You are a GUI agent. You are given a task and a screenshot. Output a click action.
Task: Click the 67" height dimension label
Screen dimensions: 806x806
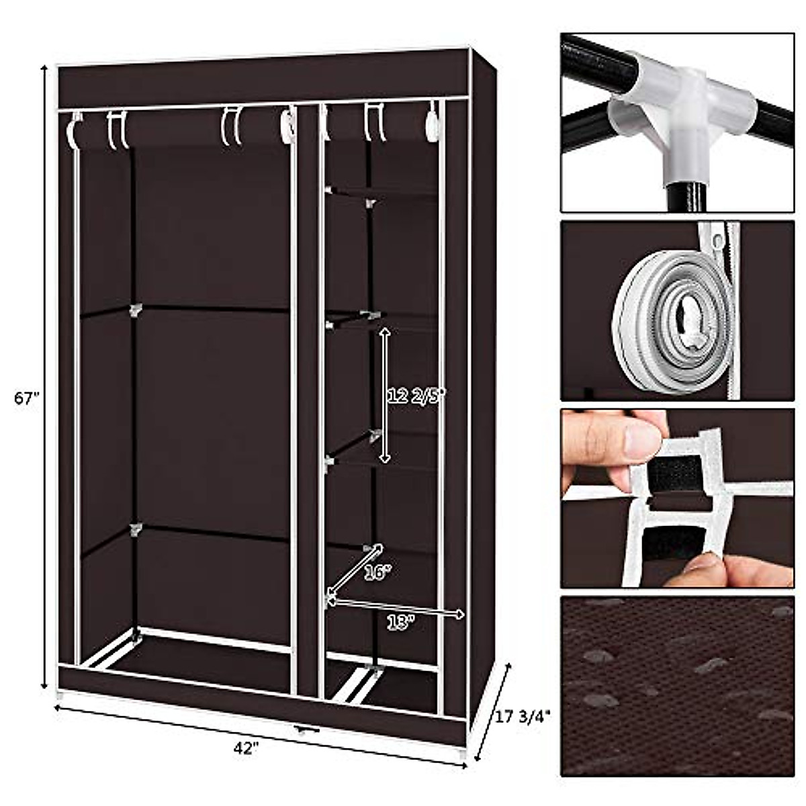click(28, 398)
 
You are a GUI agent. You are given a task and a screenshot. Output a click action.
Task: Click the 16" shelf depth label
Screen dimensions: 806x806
click(377, 572)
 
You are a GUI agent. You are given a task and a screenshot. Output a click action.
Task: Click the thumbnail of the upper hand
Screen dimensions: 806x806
click(641, 440)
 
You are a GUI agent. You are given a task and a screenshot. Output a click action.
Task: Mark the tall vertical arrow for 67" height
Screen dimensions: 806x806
click(45, 376)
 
